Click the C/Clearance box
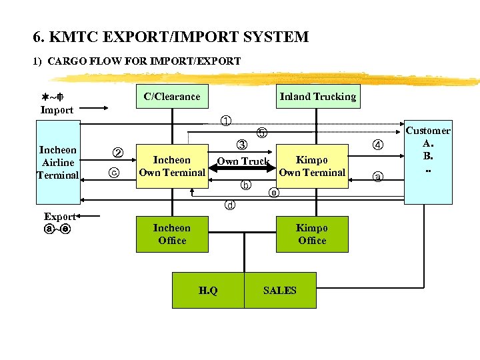click(172, 97)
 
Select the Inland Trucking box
click(317, 97)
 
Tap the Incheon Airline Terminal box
click(58, 163)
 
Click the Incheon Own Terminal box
click(172, 166)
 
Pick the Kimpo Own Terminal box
click(312, 166)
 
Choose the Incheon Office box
click(172, 234)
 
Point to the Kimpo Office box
click(312, 234)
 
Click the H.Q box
click(208, 290)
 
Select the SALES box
click(280, 290)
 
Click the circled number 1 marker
click(227, 121)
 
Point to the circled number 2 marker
click(117, 151)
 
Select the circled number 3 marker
click(242, 145)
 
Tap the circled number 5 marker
click(262, 133)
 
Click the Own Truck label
click(243, 161)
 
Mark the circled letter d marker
click(230, 205)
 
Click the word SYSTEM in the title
click(274, 37)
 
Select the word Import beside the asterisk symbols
click(57, 110)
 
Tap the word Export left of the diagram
click(60, 217)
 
